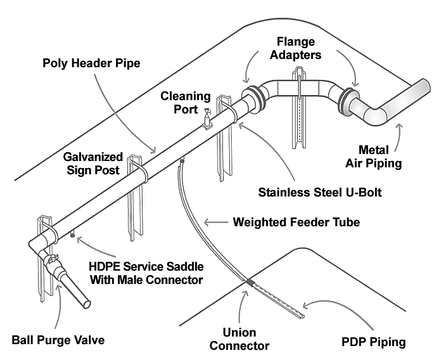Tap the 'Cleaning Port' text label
[184, 103]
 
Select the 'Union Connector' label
[248, 339]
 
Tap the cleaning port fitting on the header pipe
[207, 119]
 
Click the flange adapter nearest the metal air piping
[347, 100]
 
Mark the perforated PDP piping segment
[279, 301]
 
